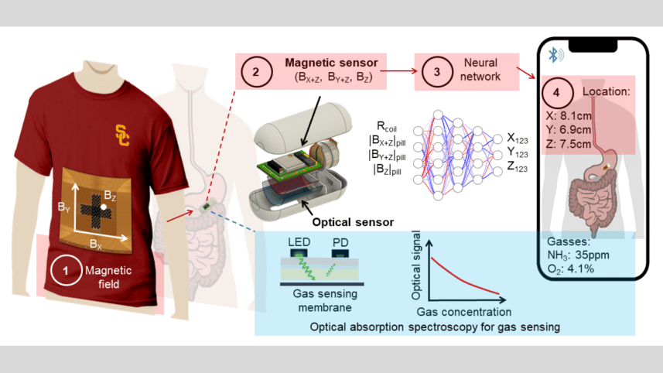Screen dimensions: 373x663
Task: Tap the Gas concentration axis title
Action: point(464,312)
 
